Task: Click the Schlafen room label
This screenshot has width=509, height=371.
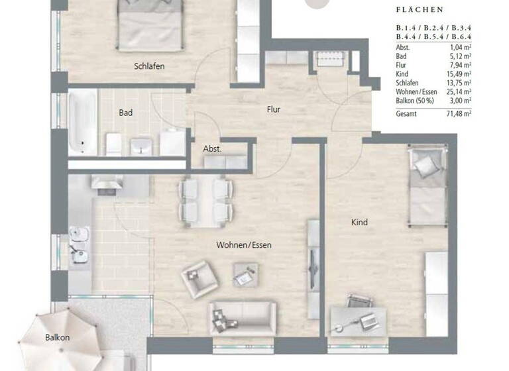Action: click(x=149, y=66)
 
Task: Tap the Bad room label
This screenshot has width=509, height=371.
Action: click(x=125, y=113)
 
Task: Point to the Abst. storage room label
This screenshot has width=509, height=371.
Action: click(x=212, y=149)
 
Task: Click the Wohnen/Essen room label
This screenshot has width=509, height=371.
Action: click(x=244, y=245)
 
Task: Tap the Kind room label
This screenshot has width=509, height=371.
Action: click(x=359, y=223)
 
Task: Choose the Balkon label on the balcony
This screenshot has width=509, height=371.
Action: click(x=57, y=337)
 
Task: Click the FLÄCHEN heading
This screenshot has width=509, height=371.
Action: click(x=420, y=11)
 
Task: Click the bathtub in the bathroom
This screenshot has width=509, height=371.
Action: click(x=83, y=122)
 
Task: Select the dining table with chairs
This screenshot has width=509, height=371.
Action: click(x=205, y=200)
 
